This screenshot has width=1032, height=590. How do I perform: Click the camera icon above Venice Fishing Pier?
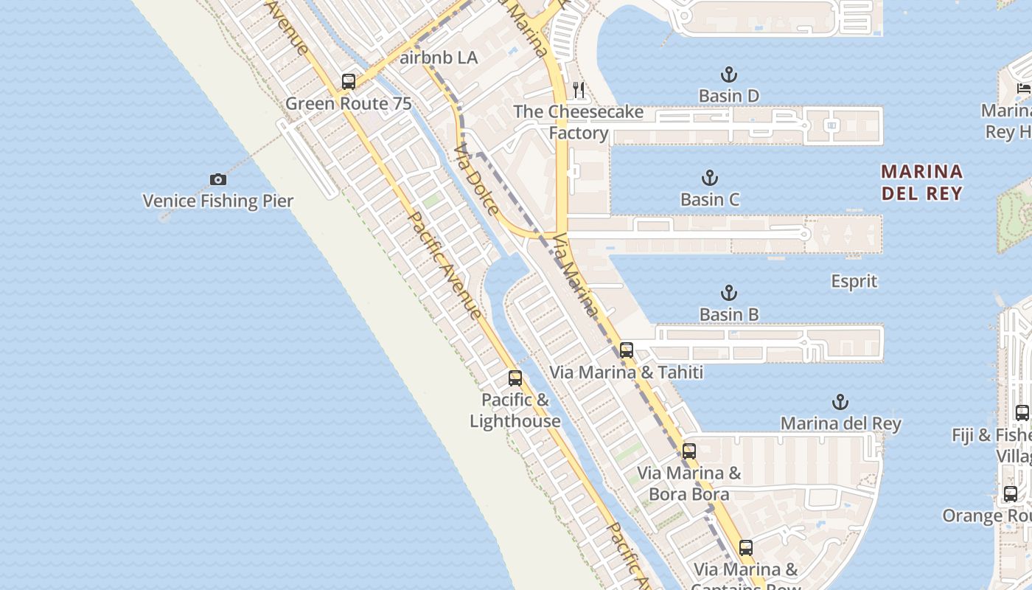217,179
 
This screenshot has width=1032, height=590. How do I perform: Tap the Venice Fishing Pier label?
217,201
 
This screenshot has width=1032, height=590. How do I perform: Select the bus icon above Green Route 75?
349,82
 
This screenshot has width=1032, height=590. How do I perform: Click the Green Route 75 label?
348,103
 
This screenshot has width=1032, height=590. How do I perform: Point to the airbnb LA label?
439,58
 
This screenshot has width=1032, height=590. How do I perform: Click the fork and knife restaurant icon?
579,90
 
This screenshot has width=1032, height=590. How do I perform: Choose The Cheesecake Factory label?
579,122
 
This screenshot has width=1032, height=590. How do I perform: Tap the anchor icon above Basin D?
728,74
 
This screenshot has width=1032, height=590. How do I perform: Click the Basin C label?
709,199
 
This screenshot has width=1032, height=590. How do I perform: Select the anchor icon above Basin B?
728,293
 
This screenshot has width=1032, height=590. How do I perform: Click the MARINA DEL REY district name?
921,182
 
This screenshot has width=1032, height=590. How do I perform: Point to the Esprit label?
854,281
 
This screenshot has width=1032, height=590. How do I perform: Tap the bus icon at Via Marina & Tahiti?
627,350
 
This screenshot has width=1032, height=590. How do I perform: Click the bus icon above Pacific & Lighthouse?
515,378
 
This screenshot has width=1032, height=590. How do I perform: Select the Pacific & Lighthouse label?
515,411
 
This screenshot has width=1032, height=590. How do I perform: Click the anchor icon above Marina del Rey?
840,402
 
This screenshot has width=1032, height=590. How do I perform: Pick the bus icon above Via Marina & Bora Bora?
689,451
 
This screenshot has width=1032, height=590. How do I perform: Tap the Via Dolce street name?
477,180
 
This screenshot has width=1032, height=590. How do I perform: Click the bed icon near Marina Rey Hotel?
1023,88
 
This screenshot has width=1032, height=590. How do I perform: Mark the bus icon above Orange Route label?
1010,494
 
